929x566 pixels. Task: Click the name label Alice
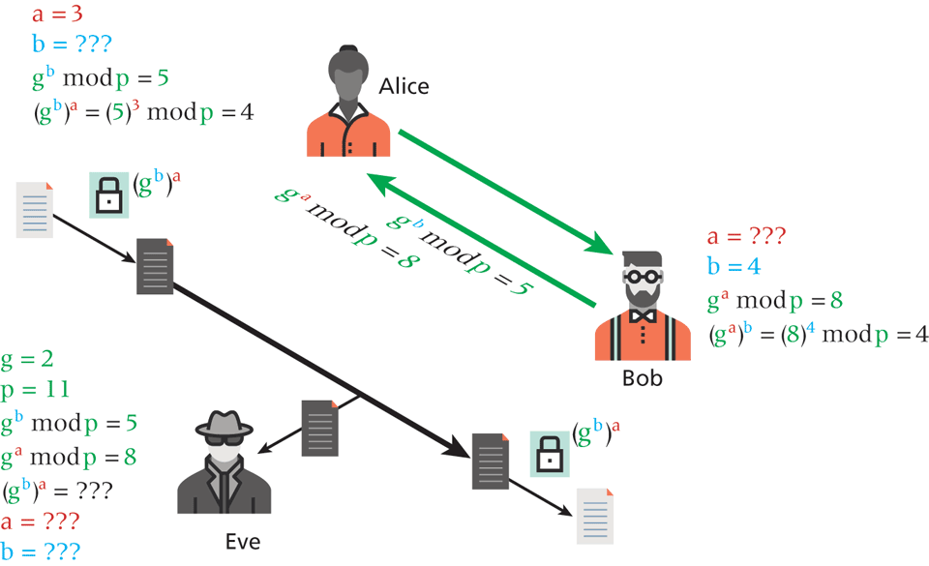coord(404,86)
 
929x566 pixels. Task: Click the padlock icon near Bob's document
coord(549,453)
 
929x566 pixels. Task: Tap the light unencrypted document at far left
coord(34,209)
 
